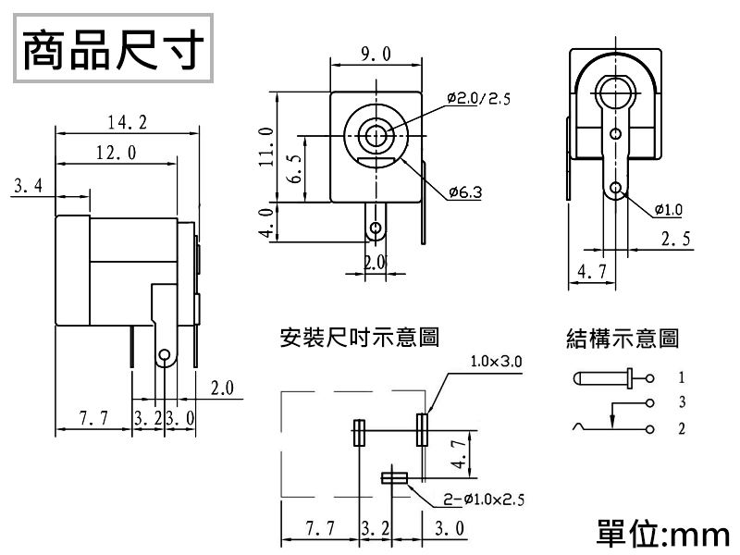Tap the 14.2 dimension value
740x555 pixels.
coord(127,122)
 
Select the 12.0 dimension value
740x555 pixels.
coord(116,153)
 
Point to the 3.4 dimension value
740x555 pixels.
coord(29,187)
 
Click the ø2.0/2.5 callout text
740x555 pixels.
coord(477,98)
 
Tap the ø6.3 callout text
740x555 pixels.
coord(464,191)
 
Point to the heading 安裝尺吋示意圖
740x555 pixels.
coord(359,338)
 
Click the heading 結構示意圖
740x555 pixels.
coord(622,339)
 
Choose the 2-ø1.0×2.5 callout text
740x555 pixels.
coord(482,499)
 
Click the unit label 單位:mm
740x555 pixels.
coord(664,534)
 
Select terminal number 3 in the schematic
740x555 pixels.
coord(681,402)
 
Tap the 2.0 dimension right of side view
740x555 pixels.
coord(223,387)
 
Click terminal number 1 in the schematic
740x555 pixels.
coord(681,378)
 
